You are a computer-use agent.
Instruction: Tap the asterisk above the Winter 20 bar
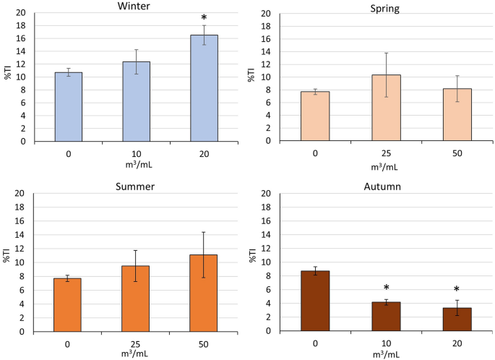tap(204, 17)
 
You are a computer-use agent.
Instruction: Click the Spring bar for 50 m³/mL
tap(457, 115)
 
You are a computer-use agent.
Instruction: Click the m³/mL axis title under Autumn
tap(386, 355)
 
